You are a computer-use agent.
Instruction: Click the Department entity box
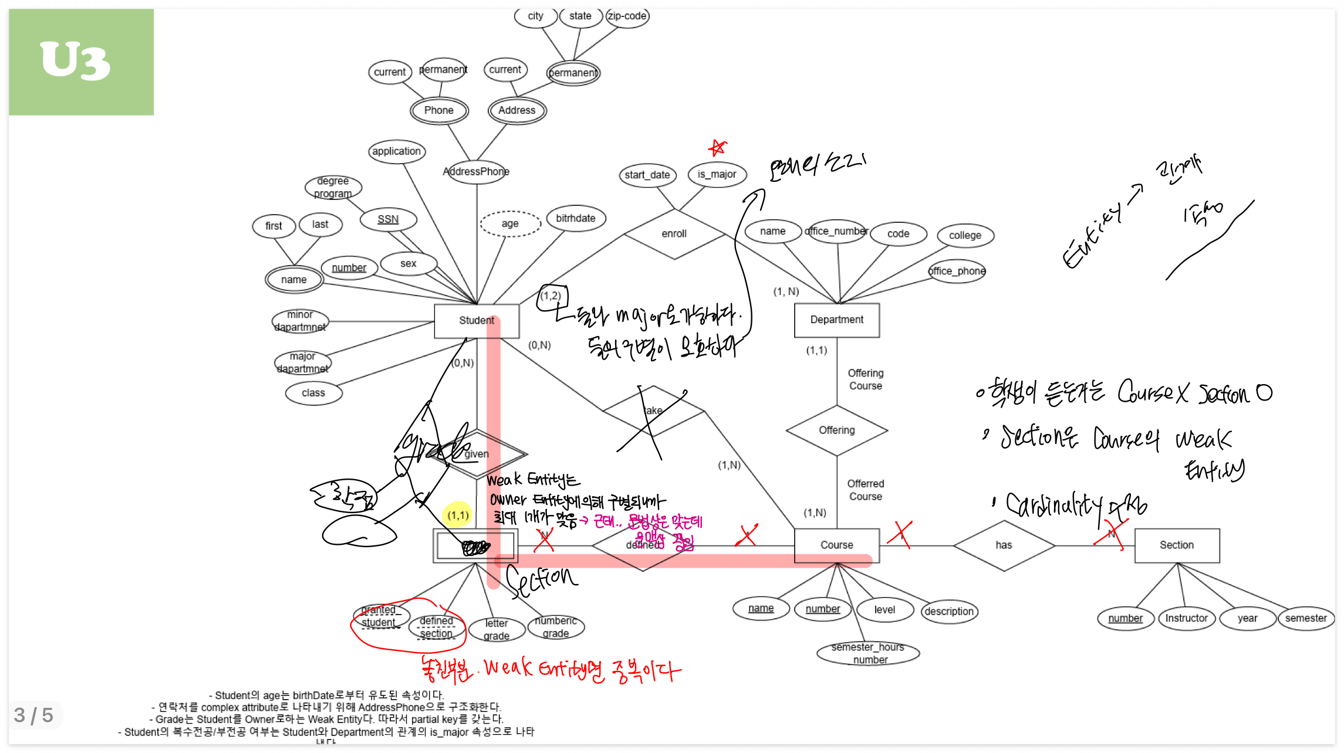(836, 320)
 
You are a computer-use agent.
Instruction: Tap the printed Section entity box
(1176, 545)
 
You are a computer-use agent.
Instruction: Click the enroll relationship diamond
(674, 234)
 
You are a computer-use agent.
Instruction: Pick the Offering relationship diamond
(836, 430)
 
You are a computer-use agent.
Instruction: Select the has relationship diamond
(1004, 545)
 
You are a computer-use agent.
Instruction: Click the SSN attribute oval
(388, 219)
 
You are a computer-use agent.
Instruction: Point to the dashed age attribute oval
(509, 223)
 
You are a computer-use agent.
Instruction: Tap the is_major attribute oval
(717, 174)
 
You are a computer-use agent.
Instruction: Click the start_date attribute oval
(647, 175)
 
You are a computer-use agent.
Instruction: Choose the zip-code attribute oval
(627, 16)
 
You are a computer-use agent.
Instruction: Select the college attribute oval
(965, 235)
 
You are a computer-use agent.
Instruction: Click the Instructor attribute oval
(1186, 618)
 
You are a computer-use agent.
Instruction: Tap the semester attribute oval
(1305, 618)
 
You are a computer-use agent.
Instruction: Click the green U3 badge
(81, 62)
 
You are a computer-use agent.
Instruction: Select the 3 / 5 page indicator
(33, 715)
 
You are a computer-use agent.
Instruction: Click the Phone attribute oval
(438, 110)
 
